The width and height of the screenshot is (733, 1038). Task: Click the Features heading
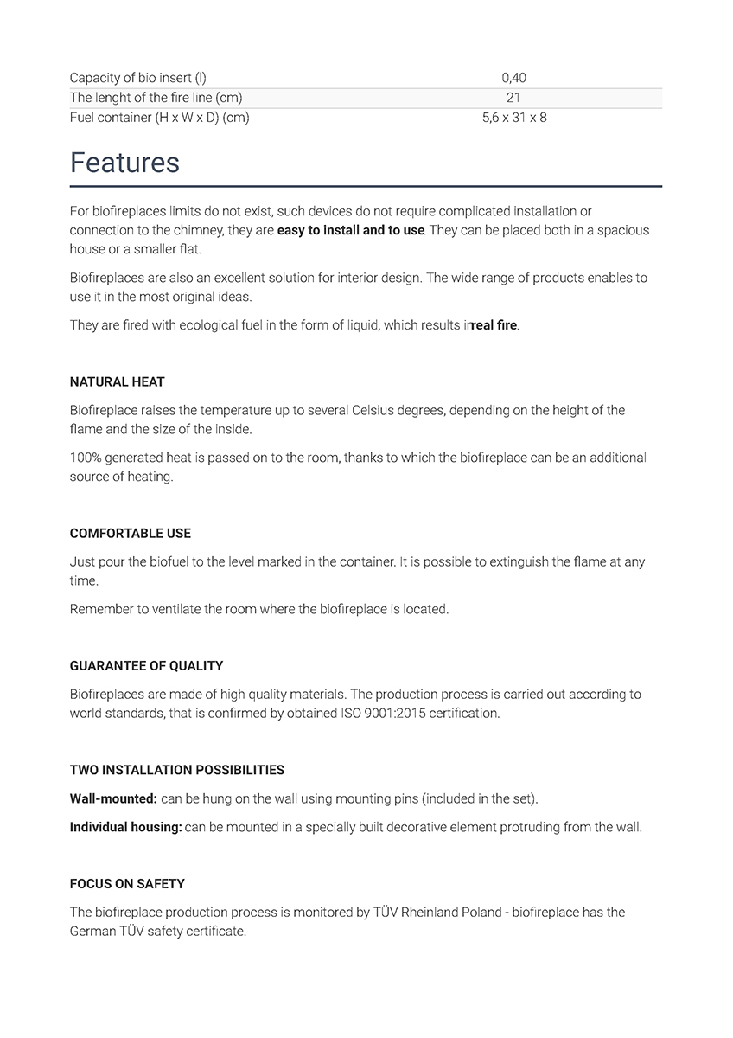(x=124, y=163)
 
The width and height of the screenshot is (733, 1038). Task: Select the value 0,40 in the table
(x=513, y=79)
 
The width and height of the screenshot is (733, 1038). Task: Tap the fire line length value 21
(x=513, y=98)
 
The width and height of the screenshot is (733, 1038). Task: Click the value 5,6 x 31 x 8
(x=513, y=118)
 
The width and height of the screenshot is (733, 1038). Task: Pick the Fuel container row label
(x=159, y=118)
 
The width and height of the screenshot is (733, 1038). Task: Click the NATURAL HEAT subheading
(x=117, y=381)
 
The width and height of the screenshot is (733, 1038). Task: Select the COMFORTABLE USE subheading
(x=131, y=533)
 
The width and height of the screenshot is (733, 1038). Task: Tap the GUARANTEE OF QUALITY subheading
(x=146, y=666)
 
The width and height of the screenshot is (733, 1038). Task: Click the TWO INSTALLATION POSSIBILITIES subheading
(x=176, y=770)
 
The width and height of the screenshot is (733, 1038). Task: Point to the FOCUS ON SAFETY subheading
(x=127, y=884)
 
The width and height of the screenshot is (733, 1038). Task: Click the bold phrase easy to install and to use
(x=350, y=230)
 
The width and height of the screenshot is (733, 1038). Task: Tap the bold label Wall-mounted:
(x=113, y=798)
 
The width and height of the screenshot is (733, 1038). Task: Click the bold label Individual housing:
(x=125, y=827)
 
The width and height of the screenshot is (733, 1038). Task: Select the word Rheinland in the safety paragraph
(x=437, y=912)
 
